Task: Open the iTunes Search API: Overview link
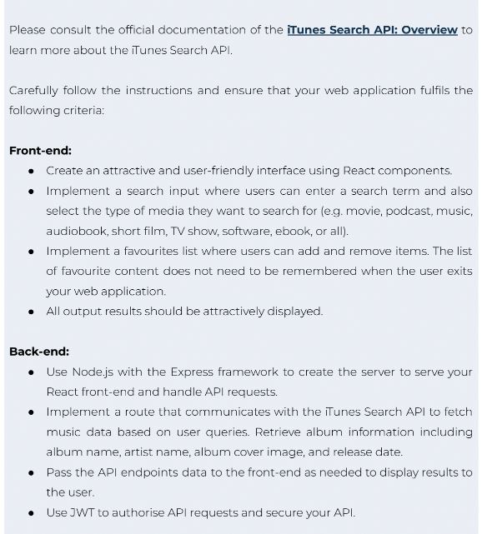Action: [372, 29]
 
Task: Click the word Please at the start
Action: [28, 29]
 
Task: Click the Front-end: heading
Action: [40, 150]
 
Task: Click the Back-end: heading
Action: [39, 351]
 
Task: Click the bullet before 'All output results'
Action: [32, 312]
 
